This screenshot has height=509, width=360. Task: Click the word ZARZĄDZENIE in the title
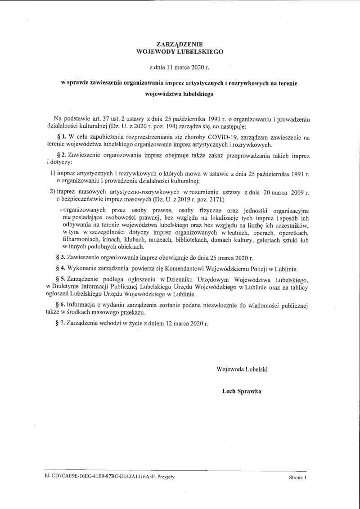click(180, 45)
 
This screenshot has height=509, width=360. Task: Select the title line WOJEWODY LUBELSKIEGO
click(180, 51)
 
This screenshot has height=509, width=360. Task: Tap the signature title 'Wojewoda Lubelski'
click(242, 369)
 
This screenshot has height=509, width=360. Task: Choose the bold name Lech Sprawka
click(242, 391)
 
